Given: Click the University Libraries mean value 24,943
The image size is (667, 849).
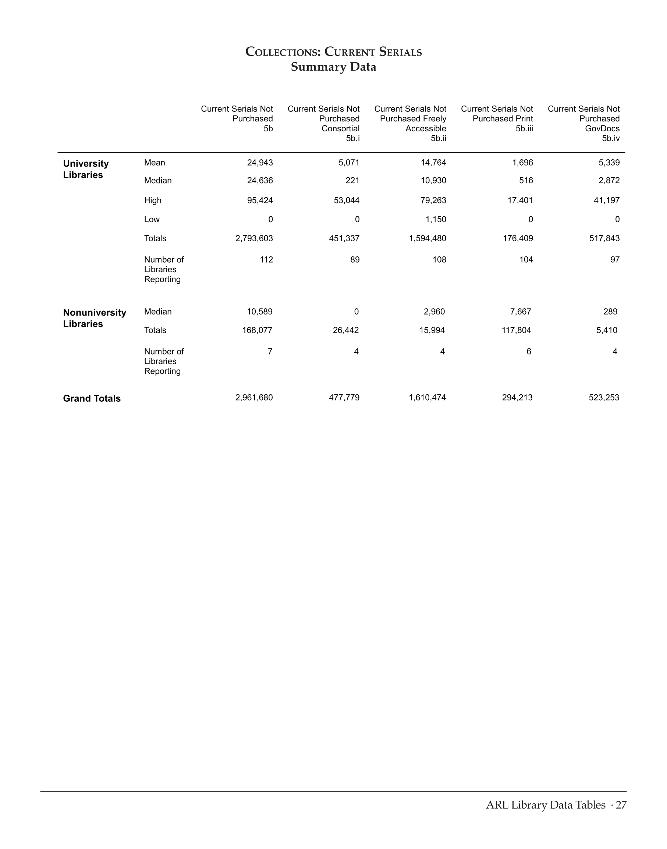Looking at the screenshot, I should coord(260,163).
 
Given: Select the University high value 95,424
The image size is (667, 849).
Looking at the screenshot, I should coord(260,200).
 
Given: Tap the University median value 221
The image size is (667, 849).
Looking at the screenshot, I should coord(352,180).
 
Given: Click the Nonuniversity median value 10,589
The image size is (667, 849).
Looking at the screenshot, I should coord(260,312).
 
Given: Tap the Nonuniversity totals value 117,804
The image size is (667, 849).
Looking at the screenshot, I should coord(516,330).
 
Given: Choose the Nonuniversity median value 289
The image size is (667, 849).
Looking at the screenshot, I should coord(610,312).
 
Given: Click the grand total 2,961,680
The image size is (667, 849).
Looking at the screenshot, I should coord(254,398).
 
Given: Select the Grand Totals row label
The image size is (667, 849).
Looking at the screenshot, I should coord(92,398).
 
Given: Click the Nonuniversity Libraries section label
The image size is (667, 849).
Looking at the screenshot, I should coord(95,318).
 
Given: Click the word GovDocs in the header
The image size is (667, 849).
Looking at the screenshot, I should coord(602,128).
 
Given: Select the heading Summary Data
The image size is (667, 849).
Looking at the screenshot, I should coord(333,67).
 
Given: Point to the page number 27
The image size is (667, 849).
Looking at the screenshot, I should coord(621,805).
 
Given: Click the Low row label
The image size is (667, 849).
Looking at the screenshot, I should coord(152,220).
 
